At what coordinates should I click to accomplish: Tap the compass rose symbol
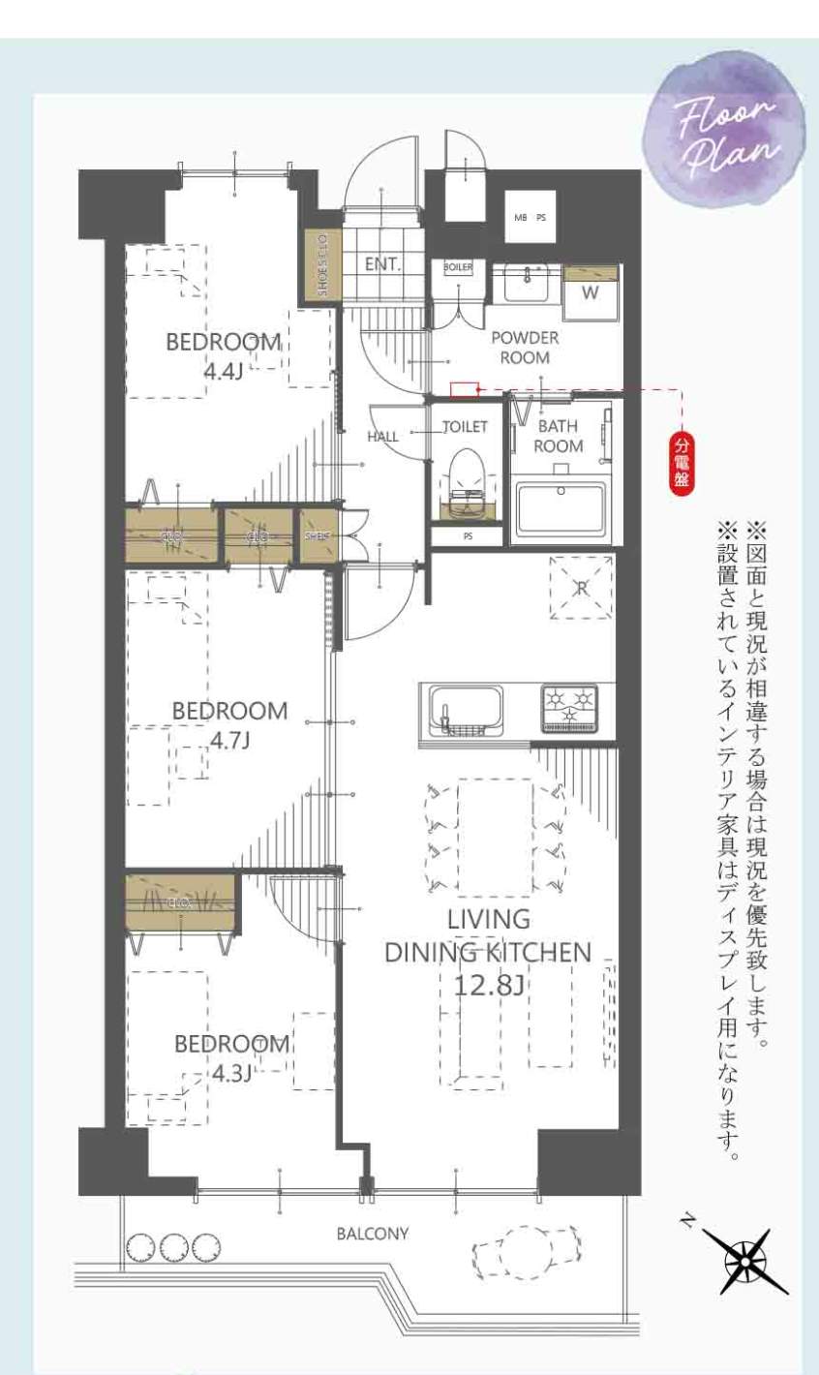[746, 1261]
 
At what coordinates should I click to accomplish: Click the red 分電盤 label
[683, 465]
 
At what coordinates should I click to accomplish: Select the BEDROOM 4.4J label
[223, 355]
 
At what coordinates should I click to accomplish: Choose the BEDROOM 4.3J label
[231, 1057]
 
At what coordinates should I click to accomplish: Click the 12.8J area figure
[489, 985]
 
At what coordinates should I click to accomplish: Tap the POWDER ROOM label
[525, 348]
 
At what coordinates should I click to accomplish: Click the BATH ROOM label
[559, 436]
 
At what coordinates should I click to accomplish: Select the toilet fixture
[467, 480]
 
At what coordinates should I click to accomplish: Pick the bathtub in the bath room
[561, 507]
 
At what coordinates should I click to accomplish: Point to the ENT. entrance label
[382, 263]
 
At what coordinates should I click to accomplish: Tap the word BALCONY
[373, 1234]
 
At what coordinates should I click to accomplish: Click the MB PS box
[530, 218]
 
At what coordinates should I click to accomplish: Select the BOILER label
[458, 266]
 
